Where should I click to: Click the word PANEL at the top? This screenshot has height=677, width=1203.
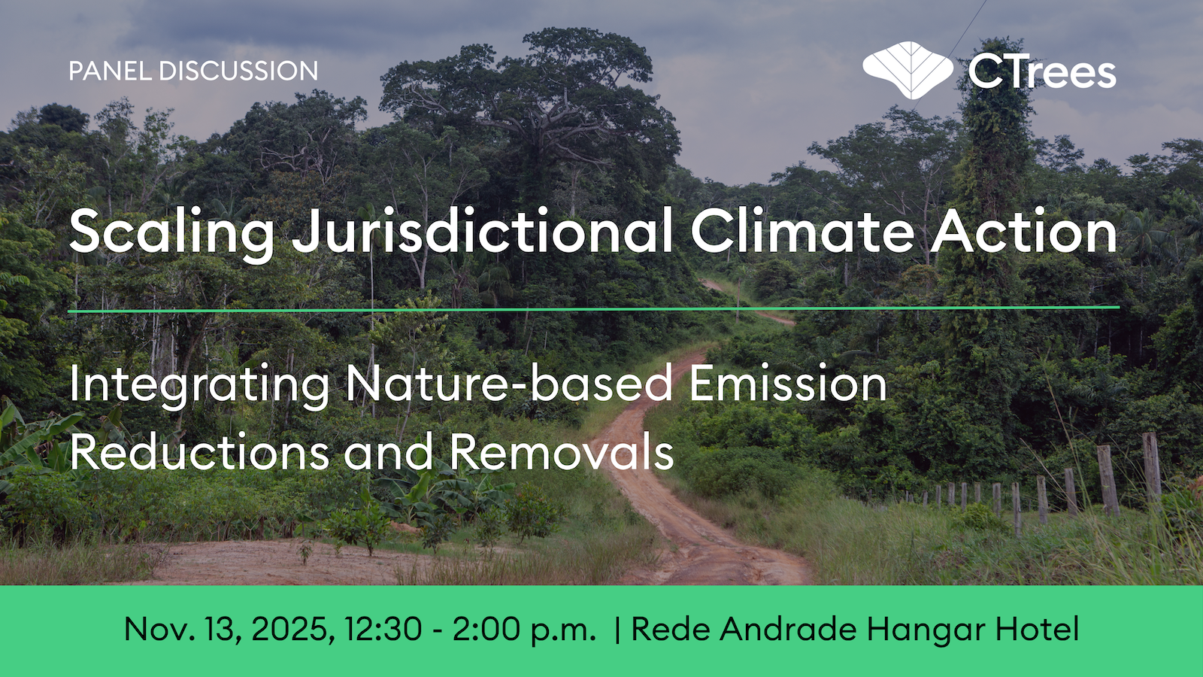(x=110, y=71)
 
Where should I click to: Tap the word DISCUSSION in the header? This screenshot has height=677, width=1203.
(x=238, y=71)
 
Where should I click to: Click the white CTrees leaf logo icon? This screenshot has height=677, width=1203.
(x=908, y=70)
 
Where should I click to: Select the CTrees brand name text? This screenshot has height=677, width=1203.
(x=1042, y=72)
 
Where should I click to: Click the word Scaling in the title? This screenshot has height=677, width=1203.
(x=172, y=232)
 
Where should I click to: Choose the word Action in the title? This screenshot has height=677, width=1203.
(x=1024, y=231)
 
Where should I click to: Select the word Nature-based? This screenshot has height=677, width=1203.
(x=508, y=384)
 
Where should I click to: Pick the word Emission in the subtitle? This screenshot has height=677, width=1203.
(x=788, y=384)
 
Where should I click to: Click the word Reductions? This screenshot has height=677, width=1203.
(x=199, y=452)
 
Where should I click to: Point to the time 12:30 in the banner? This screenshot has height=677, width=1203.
(x=383, y=629)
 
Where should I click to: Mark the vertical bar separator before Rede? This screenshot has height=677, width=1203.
(x=617, y=630)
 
